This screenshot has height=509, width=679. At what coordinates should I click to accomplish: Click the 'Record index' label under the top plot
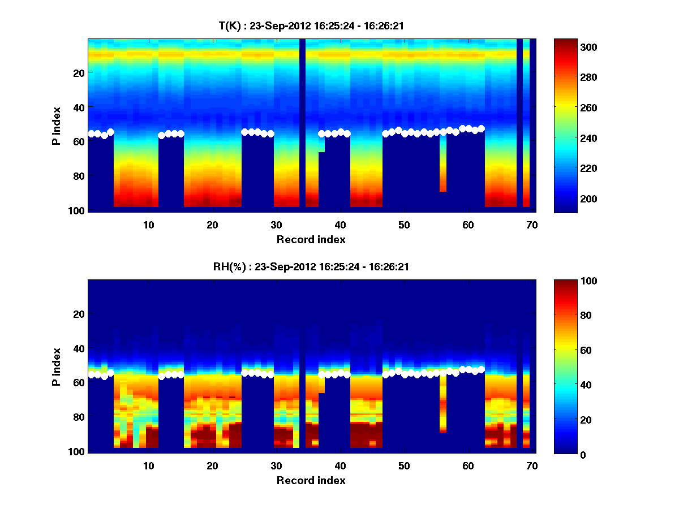click(311, 239)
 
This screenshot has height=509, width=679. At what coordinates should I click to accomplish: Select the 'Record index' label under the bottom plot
click(311, 480)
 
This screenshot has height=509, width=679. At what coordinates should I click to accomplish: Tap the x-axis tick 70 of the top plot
click(531, 225)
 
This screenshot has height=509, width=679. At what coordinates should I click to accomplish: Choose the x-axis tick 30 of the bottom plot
click(276, 465)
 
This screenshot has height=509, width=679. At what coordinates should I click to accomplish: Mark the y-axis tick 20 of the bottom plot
click(79, 314)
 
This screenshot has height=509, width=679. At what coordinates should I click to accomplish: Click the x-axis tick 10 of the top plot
click(148, 225)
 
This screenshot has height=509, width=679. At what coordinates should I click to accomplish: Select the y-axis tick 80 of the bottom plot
click(79, 417)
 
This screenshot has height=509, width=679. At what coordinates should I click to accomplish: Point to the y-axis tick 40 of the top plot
click(79, 107)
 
